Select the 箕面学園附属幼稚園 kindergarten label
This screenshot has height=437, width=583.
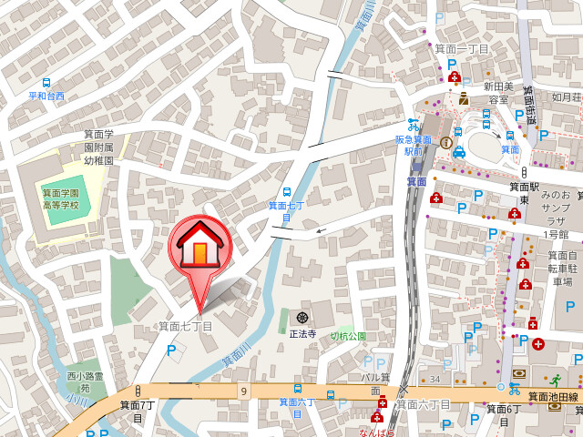tap(98, 147)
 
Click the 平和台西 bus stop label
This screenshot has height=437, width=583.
tap(46, 96)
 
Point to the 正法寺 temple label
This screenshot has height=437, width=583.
tap(302, 334)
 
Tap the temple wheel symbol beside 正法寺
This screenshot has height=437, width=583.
tap(302, 318)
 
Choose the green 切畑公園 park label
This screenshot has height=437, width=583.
tap(347, 336)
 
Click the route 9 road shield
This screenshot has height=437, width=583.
tap(244, 391)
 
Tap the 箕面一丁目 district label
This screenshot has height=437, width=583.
tap(461, 48)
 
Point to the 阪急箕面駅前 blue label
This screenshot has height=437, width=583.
tap(414, 146)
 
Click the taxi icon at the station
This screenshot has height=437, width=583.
tap(458, 152)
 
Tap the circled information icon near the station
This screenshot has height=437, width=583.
tap(445, 142)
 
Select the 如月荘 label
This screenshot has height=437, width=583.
tap(566, 97)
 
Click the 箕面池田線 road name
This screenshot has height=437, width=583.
tap(555, 397)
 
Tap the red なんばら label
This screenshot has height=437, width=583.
tap(377, 432)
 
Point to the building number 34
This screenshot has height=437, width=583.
tap(435, 379)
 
